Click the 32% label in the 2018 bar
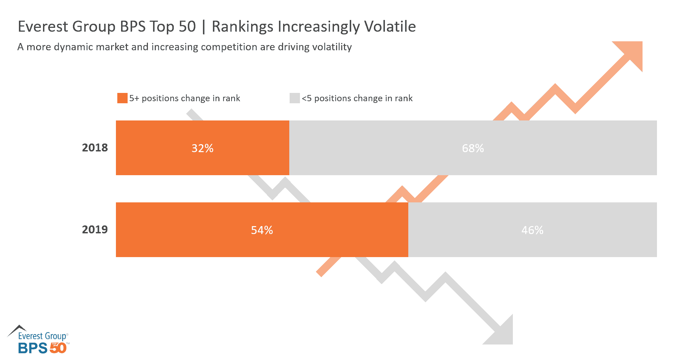(x=202, y=148)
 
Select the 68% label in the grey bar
(x=473, y=148)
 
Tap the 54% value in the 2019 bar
(x=262, y=230)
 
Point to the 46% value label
(x=532, y=230)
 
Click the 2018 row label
(x=95, y=148)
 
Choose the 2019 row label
(x=95, y=230)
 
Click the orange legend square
(x=122, y=98)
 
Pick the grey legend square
(x=294, y=98)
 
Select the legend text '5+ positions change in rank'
(x=185, y=98)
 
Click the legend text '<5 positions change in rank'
(x=357, y=98)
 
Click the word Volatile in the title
(x=390, y=27)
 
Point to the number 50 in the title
(x=187, y=27)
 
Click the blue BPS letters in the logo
(x=33, y=348)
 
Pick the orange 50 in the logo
(x=58, y=348)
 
